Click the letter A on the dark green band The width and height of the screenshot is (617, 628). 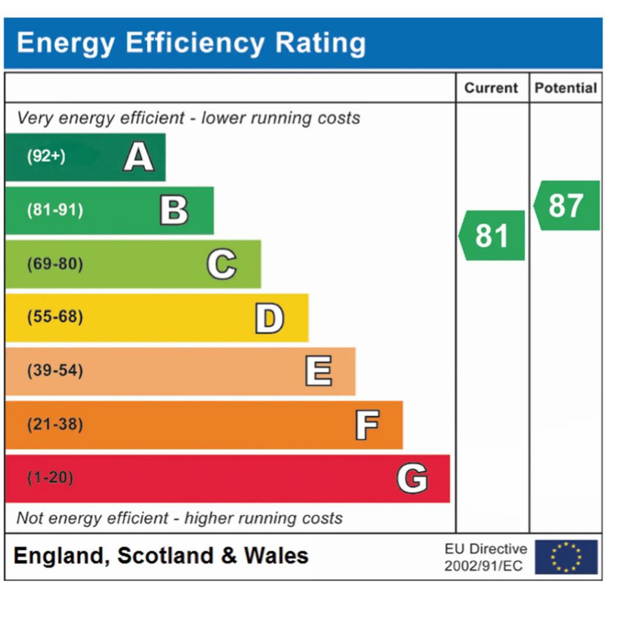[138, 157]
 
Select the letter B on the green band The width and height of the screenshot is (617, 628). [174, 210]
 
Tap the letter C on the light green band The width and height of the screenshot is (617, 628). [221, 264]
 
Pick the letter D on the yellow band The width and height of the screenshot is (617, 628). [269, 318]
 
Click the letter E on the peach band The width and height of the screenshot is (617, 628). [318, 372]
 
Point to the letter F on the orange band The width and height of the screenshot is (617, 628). [367, 425]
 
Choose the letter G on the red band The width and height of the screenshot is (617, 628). [412, 478]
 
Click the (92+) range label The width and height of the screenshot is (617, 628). [46, 157]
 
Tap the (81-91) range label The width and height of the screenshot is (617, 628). [55, 210]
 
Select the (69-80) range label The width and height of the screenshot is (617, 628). [55, 264]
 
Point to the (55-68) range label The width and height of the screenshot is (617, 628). [55, 318]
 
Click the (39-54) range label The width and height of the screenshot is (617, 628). [55, 371]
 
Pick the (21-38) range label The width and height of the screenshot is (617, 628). [55, 424]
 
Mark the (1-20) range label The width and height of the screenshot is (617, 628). [50, 478]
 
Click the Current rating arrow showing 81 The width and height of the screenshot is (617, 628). [492, 235]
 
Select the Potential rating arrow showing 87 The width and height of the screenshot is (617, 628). [567, 205]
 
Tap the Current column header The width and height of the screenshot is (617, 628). [491, 88]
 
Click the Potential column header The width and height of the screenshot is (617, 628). [565, 88]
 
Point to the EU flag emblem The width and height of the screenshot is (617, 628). [565, 557]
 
